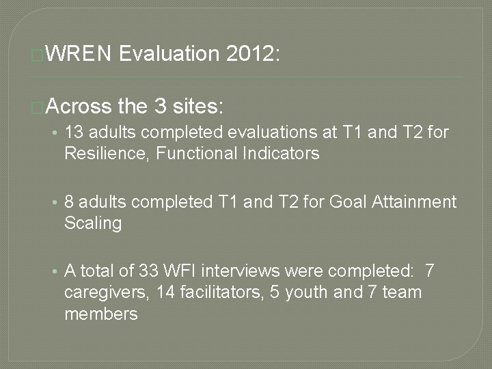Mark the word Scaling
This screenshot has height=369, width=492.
pos(92,223)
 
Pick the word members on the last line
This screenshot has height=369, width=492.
pos(101,314)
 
